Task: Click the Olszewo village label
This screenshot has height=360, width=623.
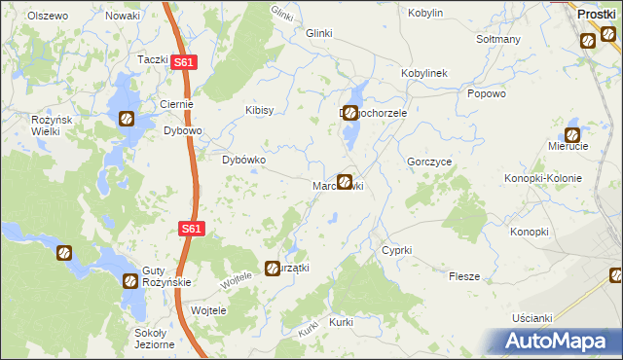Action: (48, 17)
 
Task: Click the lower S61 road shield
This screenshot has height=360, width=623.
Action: (192, 229)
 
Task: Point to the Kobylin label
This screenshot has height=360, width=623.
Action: (426, 14)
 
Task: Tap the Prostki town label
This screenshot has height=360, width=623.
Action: (596, 15)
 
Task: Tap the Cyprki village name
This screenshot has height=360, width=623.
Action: (397, 250)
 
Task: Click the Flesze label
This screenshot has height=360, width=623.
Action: (464, 276)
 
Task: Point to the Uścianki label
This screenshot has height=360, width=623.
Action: (531, 318)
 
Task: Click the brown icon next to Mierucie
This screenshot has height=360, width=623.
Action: (572, 134)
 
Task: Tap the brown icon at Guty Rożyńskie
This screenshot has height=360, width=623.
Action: (130, 280)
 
